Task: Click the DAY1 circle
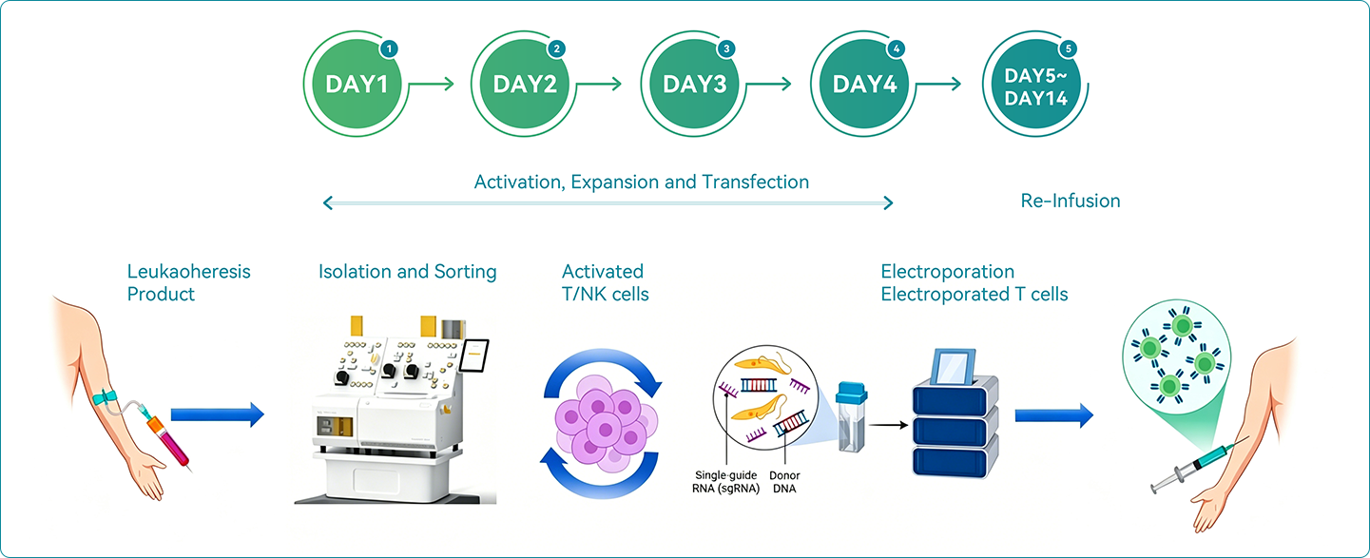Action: pyautogui.click(x=357, y=84)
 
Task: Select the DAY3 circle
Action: pyautogui.click(x=694, y=84)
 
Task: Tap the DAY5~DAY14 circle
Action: pyautogui.click(x=1035, y=84)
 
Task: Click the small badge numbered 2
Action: pyautogui.click(x=556, y=48)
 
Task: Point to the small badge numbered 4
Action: pyautogui.click(x=896, y=48)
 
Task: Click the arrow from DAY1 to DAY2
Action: pyautogui.click(x=432, y=84)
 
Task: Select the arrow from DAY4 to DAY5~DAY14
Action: pyautogui.click(x=938, y=84)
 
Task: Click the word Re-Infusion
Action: pyautogui.click(x=1071, y=201)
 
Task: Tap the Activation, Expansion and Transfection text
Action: pyautogui.click(x=642, y=182)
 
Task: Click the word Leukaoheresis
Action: pyautogui.click(x=188, y=271)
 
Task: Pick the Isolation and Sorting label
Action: pyautogui.click(x=407, y=271)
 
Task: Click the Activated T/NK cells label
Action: pyautogui.click(x=605, y=282)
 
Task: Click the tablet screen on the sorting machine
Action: pyautogui.click(x=474, y=356)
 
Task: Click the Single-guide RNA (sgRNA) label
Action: pyautogui.click(x=726, y=482)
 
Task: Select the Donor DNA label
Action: pyautogui.click(x=784, y=482)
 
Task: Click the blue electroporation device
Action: pyautogui.click(x=955, y=414)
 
